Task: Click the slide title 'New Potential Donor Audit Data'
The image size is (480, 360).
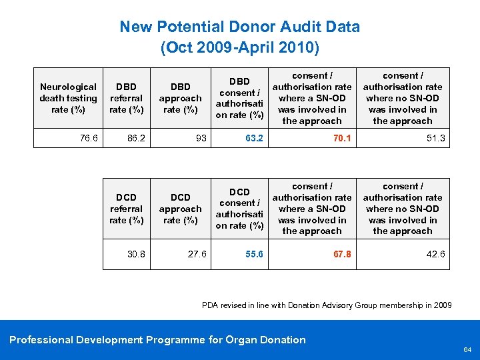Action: (239, 27)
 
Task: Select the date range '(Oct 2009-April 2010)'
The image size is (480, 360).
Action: (239, 48)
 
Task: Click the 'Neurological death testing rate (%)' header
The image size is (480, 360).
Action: (68, 98)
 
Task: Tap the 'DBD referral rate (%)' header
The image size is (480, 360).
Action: (126, 98)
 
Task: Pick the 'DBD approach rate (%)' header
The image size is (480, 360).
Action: (180, 98)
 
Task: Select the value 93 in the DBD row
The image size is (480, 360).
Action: (201, 139)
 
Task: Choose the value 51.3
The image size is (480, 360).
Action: (436, 139)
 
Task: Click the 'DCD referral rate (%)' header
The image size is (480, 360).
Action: (126, 209)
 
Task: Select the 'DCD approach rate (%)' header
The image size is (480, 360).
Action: (180, 209)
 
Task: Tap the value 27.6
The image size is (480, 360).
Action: (197, 254)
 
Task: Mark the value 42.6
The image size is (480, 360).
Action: (436, 254)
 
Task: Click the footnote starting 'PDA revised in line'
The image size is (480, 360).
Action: (327, 305)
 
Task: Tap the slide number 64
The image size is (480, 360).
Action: (467, 349)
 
